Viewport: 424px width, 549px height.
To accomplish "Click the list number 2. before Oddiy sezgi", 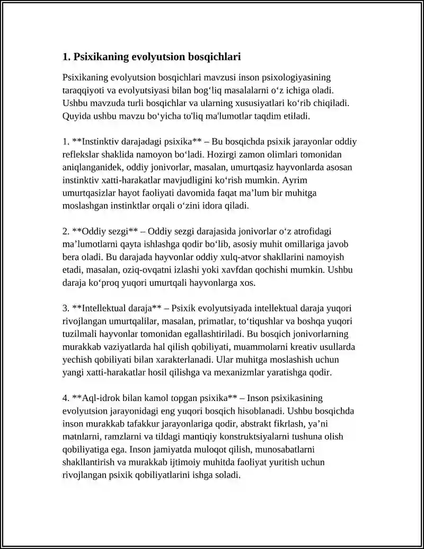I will click(x=66, y=231).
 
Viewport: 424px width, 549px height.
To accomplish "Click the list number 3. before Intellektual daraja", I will click(x=66, y=308).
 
